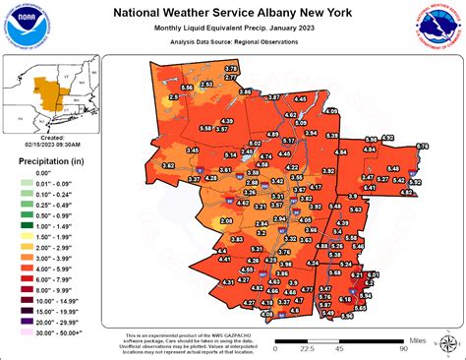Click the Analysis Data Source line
click(233, 44)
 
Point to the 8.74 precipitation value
click(422, 147)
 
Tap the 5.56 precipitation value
click(188, 89)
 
